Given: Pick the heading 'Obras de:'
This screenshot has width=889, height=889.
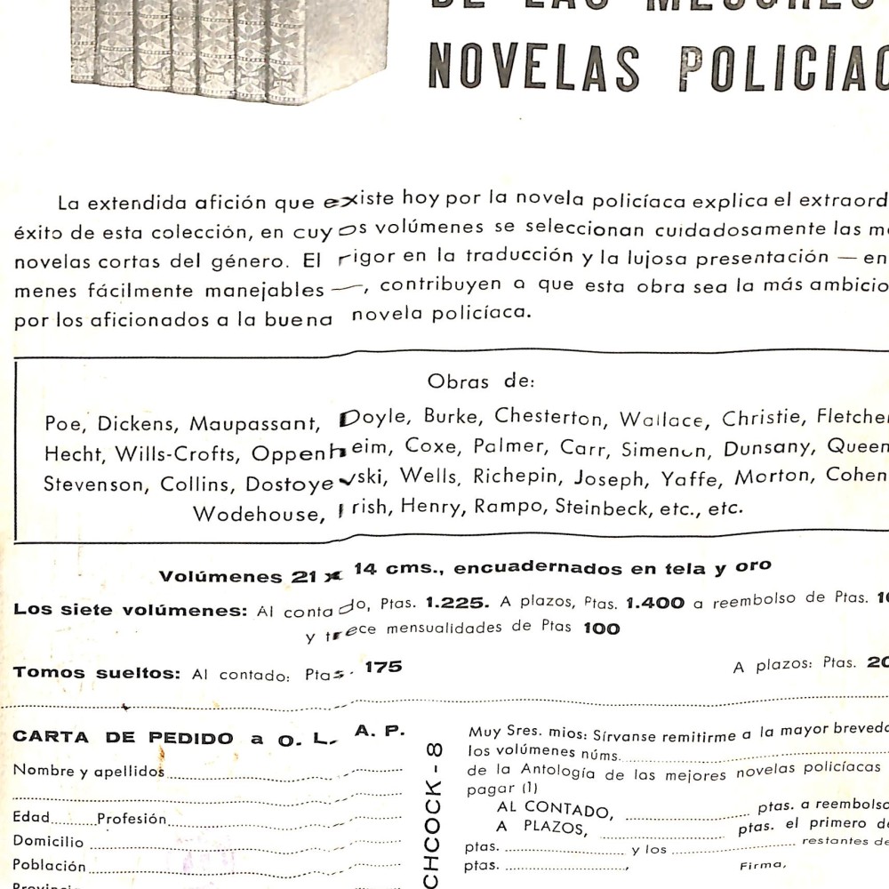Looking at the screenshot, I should (480, 381).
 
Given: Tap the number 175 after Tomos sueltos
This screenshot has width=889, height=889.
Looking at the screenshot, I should (383, 666).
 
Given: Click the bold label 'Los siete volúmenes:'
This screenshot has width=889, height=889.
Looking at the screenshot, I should (130, 611).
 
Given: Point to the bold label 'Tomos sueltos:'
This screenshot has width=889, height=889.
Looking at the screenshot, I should (96, 673).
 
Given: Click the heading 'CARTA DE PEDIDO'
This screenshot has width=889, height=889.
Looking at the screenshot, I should (124, 739).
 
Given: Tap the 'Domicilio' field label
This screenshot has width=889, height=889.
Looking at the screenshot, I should (48, 841).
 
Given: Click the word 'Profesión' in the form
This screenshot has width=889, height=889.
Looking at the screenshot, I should (132, 819).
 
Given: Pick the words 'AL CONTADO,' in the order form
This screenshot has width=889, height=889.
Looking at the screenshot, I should (552, 808).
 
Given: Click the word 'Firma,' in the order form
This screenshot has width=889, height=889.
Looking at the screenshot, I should (763, 864).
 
